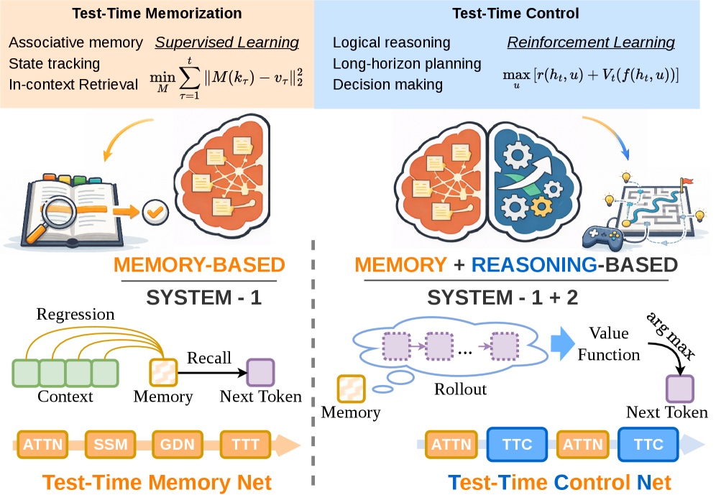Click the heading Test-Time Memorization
tap(156, 14)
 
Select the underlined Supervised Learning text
tap(227, 42)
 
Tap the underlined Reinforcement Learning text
tap(591, 42)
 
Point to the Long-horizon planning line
tap(407, 64)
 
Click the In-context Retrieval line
tap(74, 85)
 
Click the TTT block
tap(245, 444)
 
